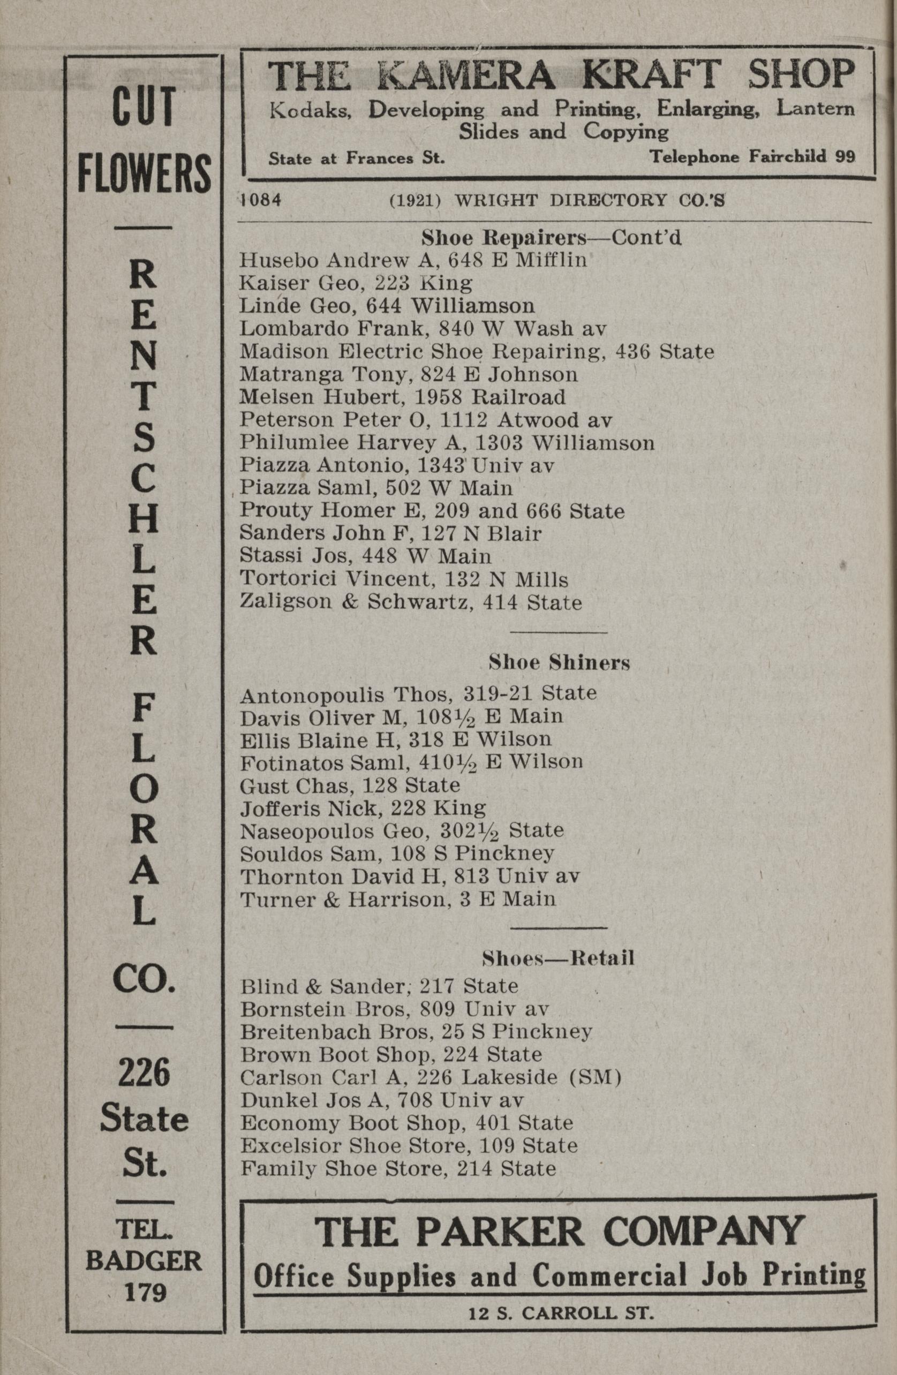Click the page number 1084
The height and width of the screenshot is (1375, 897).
pyautogui.click(x=261, y=200)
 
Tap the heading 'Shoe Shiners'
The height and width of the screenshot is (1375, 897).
pyautogui.click(x=559, y=663)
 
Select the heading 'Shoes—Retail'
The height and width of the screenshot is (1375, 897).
pyautogui.click(x=559, y=958)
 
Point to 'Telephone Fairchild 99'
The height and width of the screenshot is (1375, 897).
pyautogui.click(x=752, y=156)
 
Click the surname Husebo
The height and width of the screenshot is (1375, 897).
pyautogui.click(x=278, y=261)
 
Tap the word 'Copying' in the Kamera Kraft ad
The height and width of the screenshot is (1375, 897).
pyautogui.click(x=625, y=132)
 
